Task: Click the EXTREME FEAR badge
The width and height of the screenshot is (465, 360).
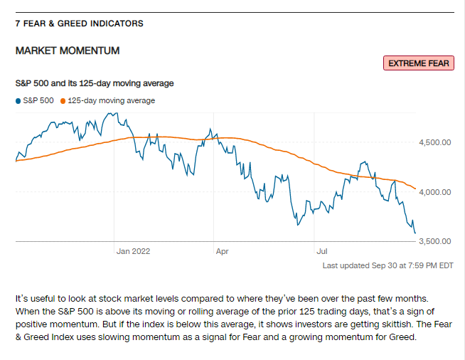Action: pos(418,63)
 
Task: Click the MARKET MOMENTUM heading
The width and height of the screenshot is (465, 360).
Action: pos(68,51)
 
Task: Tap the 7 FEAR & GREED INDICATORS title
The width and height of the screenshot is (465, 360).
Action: pos(79,23)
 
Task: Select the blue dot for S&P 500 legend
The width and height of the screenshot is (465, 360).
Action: pos(18,100)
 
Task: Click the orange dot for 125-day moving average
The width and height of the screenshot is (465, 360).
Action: pos(63,100)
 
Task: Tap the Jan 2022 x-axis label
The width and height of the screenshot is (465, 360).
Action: pos(134,251)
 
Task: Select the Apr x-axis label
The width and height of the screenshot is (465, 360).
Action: pos(223,251)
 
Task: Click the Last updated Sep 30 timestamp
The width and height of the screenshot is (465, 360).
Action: pos(387,265)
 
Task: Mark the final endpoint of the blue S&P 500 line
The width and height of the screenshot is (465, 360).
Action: pos(415,232)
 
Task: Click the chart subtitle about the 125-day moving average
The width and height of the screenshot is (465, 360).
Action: pos(95,83)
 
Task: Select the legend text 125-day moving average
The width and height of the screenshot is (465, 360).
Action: pos(111,100)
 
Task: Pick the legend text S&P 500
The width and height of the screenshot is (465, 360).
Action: pos(38,100)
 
